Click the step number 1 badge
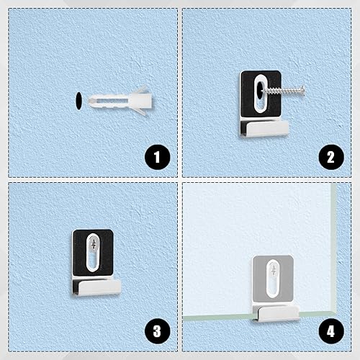157,157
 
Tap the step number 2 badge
331,157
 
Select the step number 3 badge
157,331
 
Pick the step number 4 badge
331,331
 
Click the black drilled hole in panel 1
78,101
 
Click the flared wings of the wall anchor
142,100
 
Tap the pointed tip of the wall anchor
89,101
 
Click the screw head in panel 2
302,91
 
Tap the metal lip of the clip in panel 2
268,128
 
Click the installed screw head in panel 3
94,245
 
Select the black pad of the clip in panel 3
79,253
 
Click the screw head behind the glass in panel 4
274,271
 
